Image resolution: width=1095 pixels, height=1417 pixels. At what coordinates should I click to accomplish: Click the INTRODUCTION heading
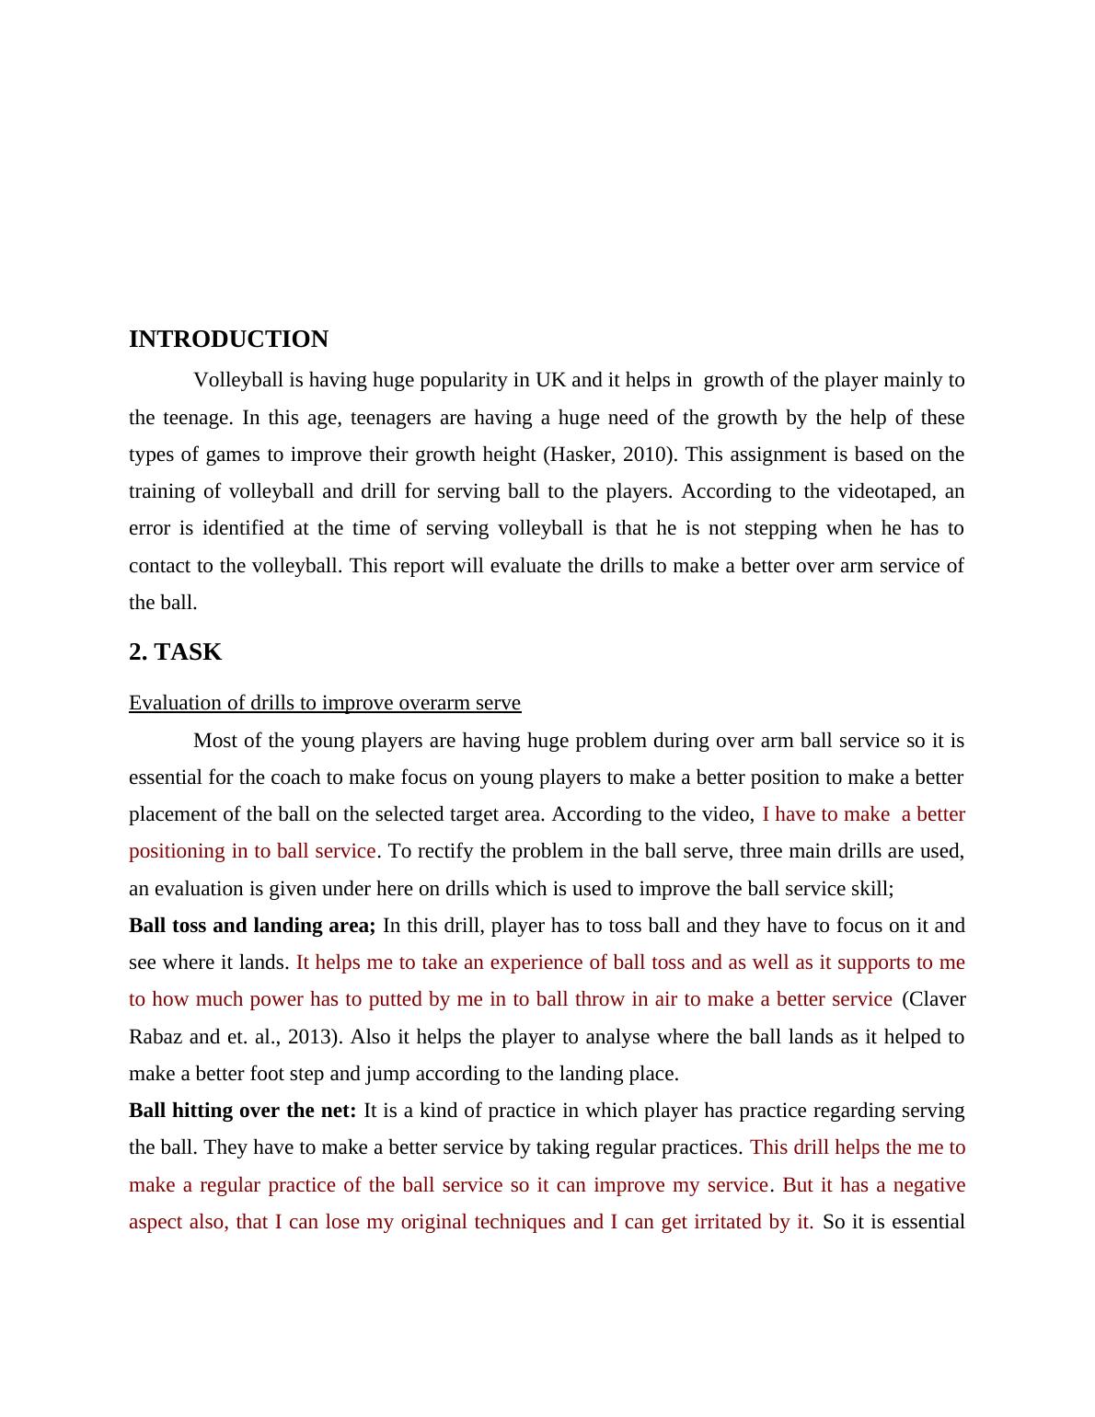coord(228,340)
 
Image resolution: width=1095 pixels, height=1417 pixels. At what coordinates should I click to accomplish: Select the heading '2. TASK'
coord(175,652)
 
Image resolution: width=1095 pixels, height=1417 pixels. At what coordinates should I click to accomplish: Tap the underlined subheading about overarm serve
coord(324,703)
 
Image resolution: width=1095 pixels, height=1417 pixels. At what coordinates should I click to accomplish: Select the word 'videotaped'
coord(882,491)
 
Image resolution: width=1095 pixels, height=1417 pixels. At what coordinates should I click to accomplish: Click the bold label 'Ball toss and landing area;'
coord(252,926)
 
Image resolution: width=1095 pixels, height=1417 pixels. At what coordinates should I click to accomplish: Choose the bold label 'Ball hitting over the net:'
coord(242,1111)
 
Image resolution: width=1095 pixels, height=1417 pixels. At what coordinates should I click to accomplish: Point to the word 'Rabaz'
coord(156,1037)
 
